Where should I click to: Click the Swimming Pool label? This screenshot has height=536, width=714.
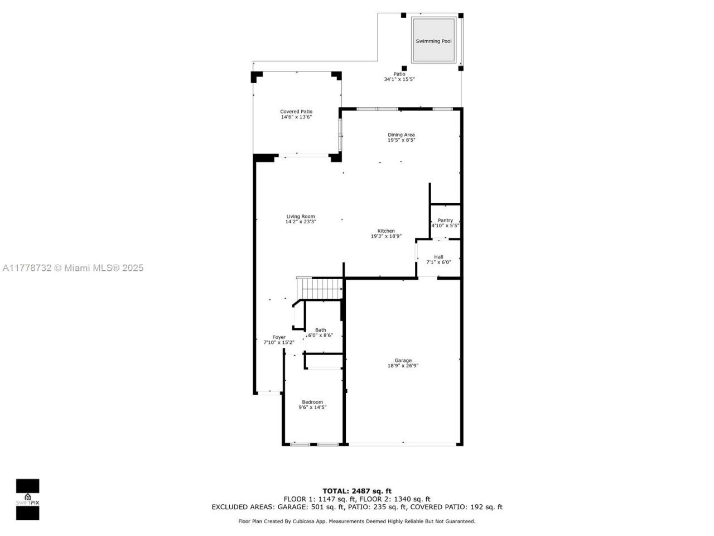433,41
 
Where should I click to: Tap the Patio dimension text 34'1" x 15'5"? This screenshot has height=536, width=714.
399,79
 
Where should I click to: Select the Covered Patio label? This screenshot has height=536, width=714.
296,112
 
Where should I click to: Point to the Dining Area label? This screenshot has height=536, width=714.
401,135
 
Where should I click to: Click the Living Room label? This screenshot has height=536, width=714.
301,217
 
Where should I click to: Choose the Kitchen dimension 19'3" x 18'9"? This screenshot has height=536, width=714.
386,236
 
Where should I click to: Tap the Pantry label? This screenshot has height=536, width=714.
445,221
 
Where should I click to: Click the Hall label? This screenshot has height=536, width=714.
438,257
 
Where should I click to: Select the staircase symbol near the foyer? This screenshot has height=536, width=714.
321,289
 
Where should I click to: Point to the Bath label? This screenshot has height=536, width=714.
320,330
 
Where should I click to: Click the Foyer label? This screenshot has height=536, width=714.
279,337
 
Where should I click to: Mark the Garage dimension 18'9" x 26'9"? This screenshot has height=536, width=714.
403,366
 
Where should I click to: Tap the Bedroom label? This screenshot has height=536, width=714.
312,402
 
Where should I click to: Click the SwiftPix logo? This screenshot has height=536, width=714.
27,499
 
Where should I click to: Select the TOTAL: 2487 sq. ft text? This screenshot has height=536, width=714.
357,491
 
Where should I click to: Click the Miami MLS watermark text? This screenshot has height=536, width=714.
73,268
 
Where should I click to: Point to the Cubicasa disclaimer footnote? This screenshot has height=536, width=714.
357,521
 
